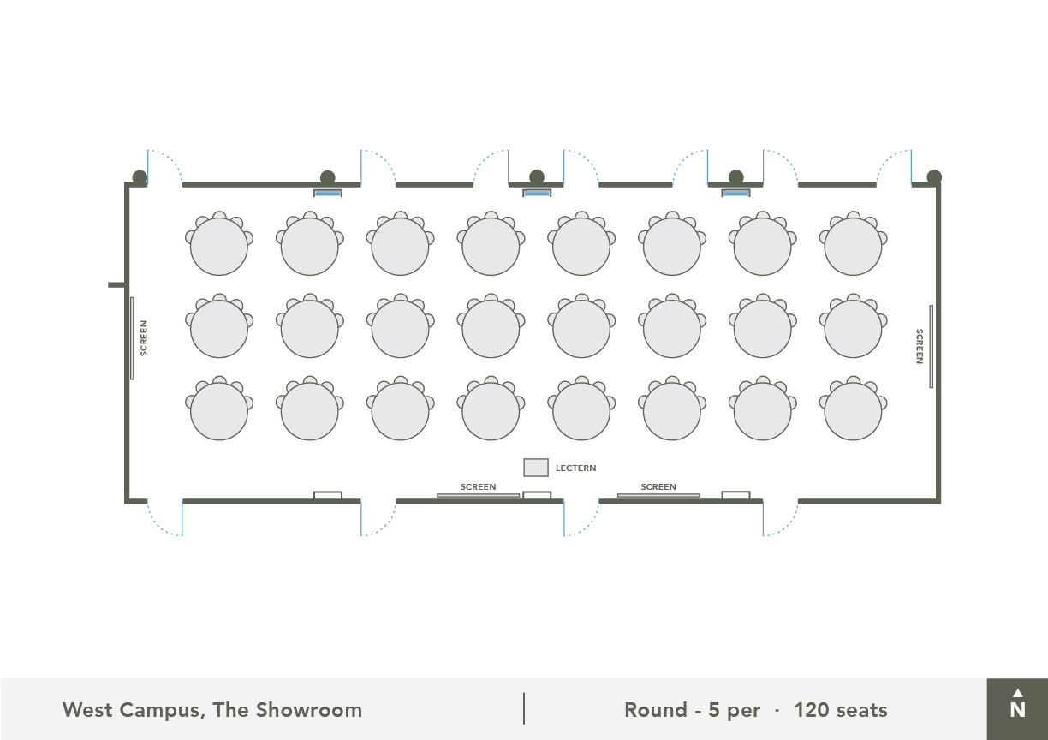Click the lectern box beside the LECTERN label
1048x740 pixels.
[536, 468]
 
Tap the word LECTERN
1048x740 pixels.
[576, 468]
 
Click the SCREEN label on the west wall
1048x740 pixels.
[144, 338]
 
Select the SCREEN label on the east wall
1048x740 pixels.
[920, 346]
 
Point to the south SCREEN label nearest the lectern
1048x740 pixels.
[478, 486]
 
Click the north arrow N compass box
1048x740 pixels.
[1017, 709]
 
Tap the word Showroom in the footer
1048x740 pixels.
[309, 710]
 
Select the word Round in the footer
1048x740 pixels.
[656, 710]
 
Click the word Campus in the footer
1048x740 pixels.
[162, 711]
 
